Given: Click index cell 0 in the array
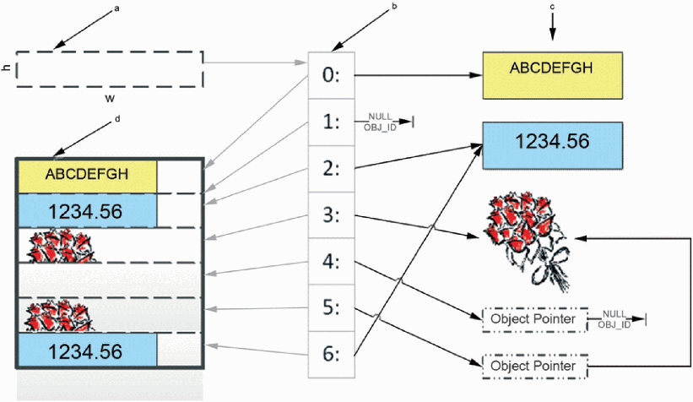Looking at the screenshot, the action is point(332,75).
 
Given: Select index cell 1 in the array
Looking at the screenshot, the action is point(332,122).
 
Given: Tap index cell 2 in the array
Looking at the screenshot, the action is point(332,169).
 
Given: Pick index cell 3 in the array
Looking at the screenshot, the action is point(332,215).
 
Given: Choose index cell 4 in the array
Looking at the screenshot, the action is point(332,261).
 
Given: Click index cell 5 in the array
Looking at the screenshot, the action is point(332,307).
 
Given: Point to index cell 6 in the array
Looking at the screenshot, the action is point(332,354).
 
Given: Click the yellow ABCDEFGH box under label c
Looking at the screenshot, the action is point(552,75).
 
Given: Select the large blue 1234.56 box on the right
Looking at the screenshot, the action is point(552,146).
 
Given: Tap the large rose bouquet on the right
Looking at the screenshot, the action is point(528,241).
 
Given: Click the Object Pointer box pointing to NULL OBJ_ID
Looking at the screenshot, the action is point(535,319).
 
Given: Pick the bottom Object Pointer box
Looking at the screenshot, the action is point(535,367).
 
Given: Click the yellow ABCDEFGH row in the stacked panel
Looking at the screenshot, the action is point(87,176).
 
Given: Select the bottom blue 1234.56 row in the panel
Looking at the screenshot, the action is point(87,350).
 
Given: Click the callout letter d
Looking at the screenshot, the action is point(117,119).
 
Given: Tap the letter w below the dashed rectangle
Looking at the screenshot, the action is point(109,98).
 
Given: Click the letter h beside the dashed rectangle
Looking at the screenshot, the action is point(7,68).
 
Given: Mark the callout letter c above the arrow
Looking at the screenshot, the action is point(552,7).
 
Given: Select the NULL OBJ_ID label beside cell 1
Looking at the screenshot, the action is point(381,122).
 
